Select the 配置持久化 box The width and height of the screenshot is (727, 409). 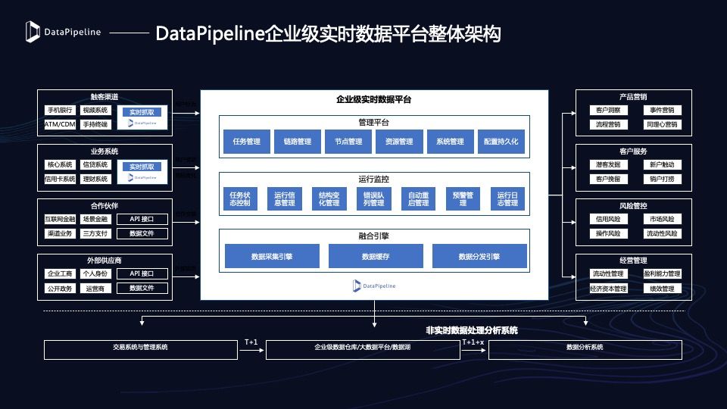pyautogui.click(x=501, y=142)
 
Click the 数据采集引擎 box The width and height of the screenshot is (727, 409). pyautogui.click(x=272, y=257)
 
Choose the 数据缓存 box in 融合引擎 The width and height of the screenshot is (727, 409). pyautogui.click(x=375, y=257)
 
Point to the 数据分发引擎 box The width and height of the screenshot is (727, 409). pyautogui.click(x=479, y=257)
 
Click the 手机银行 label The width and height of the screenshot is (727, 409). pyautogui.click(x=60, y=111)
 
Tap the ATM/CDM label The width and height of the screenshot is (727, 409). pyautogui.click(x=60, y=124)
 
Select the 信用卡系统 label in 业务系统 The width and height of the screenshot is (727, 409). pyautogui.click(x=60, y=179)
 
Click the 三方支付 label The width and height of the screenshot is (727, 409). pyautogui.click(x=95, y=233)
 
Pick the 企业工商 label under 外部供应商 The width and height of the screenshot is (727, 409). pyautogui.click(x=60, y=274)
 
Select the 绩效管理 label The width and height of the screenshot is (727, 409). pyautogui.click(x=662, y=289)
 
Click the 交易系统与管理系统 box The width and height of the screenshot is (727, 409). pyautogui.click(x=140, y=348)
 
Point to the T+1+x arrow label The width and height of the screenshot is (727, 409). pyautogui.click(x=473, y=342)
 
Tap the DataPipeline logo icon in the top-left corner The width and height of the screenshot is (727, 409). pyautogui.click(x=33, y=31)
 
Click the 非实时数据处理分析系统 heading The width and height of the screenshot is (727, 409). pyautogui.click(x=473, y=330)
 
